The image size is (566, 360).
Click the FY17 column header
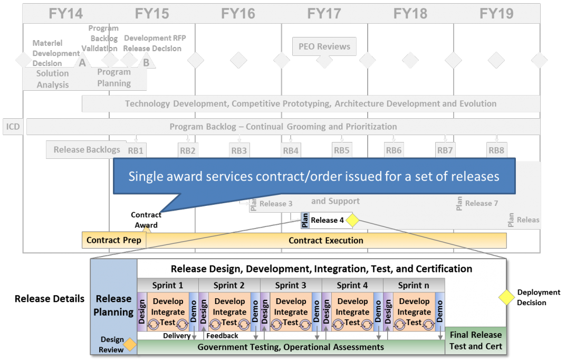point(324,13)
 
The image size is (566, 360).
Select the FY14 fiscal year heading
point(66,13)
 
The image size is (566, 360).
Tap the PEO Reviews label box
point(324,46)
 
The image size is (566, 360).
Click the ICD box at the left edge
point(13,127)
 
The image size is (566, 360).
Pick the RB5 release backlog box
point(341,150)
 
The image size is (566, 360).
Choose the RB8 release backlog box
point(496,150)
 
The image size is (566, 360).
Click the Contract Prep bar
point(114,240)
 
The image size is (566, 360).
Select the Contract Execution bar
point(326,240)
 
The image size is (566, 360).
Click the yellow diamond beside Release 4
point(352,220)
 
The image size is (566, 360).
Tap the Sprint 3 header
point(291,286)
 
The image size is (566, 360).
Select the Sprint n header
point(414,286)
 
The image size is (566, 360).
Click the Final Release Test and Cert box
point(475,341)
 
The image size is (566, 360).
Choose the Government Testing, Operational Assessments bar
point(291,347)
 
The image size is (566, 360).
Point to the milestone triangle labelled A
point(82,63)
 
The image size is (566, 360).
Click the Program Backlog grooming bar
point(283,127)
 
